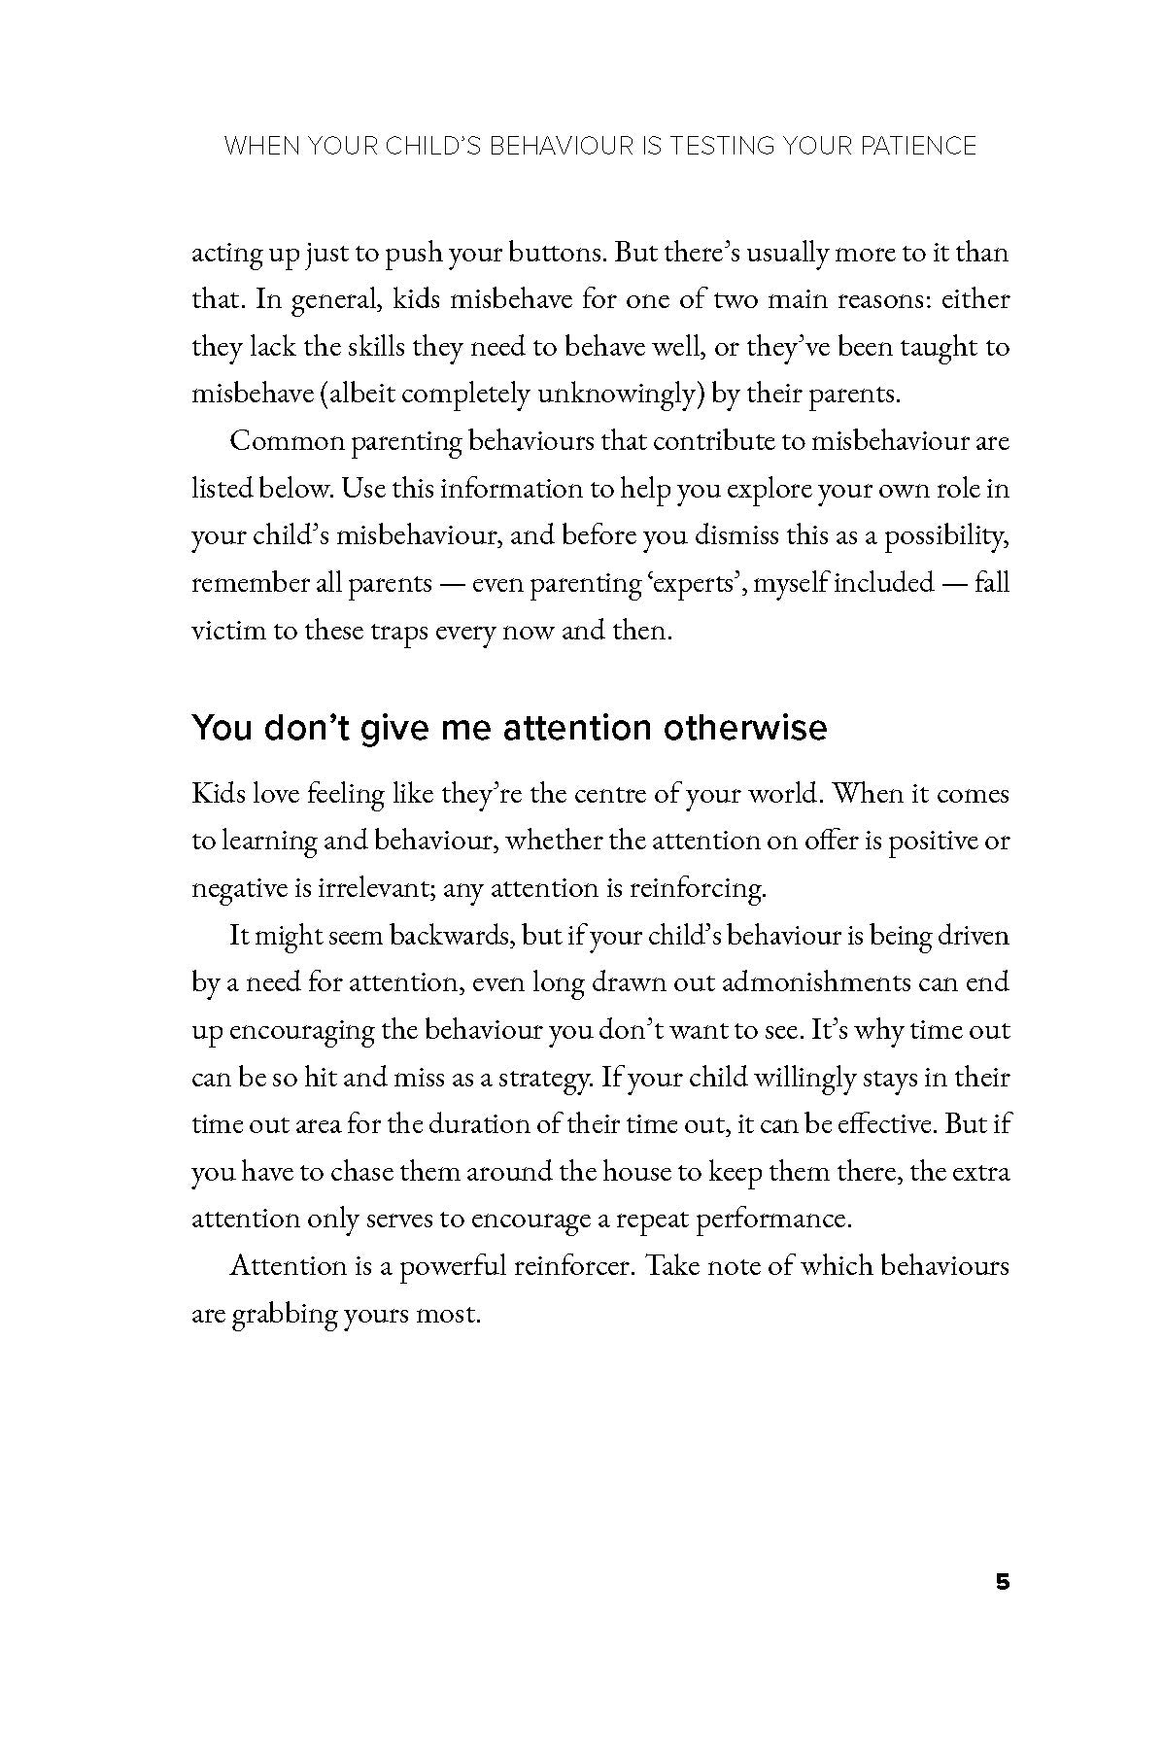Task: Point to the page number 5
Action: (1003, 1582)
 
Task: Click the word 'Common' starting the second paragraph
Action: (286, 441)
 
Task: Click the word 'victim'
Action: (228, 631)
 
